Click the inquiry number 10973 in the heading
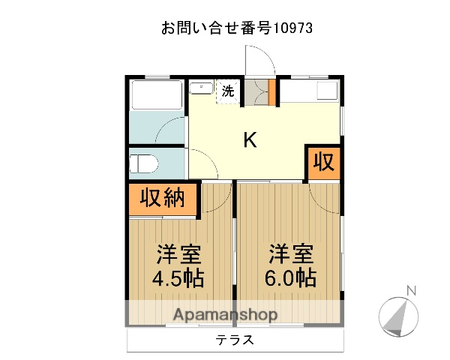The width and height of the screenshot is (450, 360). [289, 28]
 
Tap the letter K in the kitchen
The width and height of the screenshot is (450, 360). [250, 140]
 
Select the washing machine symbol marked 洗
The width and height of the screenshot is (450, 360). [227, 91]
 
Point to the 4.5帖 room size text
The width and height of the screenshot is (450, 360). [178, 277]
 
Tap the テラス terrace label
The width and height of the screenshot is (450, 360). [235, 340]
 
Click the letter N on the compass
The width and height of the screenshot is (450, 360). [410, 290]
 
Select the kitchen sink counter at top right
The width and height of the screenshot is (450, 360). [310, 91]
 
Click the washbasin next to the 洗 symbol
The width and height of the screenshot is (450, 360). [201, 89]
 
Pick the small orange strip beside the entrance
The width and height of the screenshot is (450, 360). [272, 91]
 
